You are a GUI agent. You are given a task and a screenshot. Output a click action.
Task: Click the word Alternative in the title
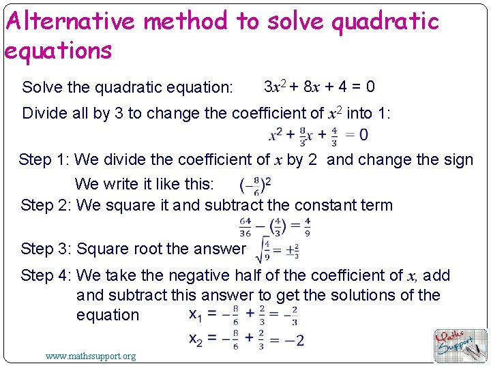pos(68,22)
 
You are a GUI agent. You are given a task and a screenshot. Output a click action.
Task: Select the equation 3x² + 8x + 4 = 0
pos(319,87)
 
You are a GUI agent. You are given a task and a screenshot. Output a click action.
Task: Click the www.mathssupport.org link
pos(91,355)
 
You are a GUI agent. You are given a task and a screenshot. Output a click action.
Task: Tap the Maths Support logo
pos(460,345)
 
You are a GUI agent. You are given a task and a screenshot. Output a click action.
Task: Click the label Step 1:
pos(44,160)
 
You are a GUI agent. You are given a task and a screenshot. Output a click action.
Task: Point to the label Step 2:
pos(46,205)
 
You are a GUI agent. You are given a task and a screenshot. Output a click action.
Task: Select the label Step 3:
pos(46,249)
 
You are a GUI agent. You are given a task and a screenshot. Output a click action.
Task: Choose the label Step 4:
pos(46,275)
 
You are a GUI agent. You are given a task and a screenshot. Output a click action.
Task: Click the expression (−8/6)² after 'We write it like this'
pos(256,185)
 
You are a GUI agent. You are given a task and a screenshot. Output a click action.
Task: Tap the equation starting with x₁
pos(242,316)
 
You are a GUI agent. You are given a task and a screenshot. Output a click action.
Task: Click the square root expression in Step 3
pos(276,249)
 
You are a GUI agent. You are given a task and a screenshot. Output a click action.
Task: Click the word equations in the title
pos(58,50)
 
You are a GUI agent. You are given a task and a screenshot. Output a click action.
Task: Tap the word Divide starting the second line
pos(46,113)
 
